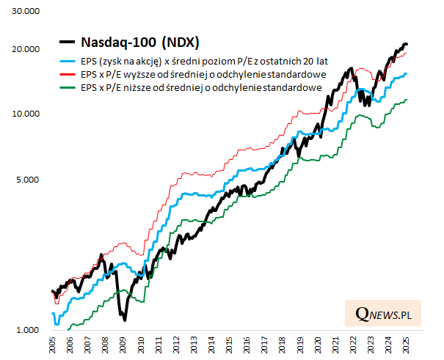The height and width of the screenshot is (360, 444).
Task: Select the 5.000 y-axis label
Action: pyautogui.click(x=29, y=179)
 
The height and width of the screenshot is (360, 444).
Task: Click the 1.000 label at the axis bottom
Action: pyautogui.click(x=29, y=330)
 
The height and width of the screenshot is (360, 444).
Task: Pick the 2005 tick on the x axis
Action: pyautogui.click(x=53, y=345)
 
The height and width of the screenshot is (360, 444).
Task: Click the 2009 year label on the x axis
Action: pyautogui.click(x=123, y=345)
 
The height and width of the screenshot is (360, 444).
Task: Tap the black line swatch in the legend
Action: pyautogui.click(x=68, y=42)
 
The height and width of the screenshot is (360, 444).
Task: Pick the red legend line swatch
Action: pyautogui.click(x=68, y=75)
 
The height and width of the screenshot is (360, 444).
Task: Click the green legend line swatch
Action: pyautogui.click(x=68, y=87)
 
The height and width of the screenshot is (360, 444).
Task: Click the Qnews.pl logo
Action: pyautogui.click(x=382, y=314)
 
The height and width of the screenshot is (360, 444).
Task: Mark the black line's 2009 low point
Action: pyautogui.click(x=125, y=320)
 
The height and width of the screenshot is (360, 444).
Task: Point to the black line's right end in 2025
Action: pyautogui.click(x=407, y=45)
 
